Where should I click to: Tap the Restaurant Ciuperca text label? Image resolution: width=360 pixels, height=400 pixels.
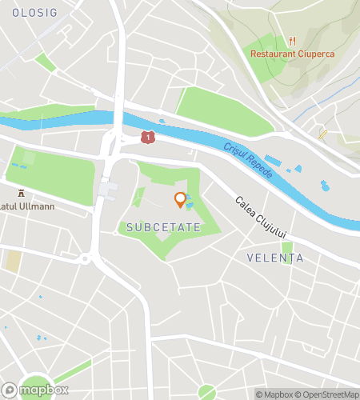click(292, 54)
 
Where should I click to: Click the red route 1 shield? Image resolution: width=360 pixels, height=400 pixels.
click(147, 138)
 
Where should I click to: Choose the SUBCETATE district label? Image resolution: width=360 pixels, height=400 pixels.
click(161, 228)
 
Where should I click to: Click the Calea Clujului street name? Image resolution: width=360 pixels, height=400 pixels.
click(261, 216)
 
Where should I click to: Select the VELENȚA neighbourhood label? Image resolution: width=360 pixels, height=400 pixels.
click(276, 258)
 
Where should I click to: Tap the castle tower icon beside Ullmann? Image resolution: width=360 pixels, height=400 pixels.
click(22, 193)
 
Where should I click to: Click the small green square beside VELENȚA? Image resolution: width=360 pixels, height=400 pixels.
click(287, 247)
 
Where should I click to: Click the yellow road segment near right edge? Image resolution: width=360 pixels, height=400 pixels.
click(322, 134)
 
